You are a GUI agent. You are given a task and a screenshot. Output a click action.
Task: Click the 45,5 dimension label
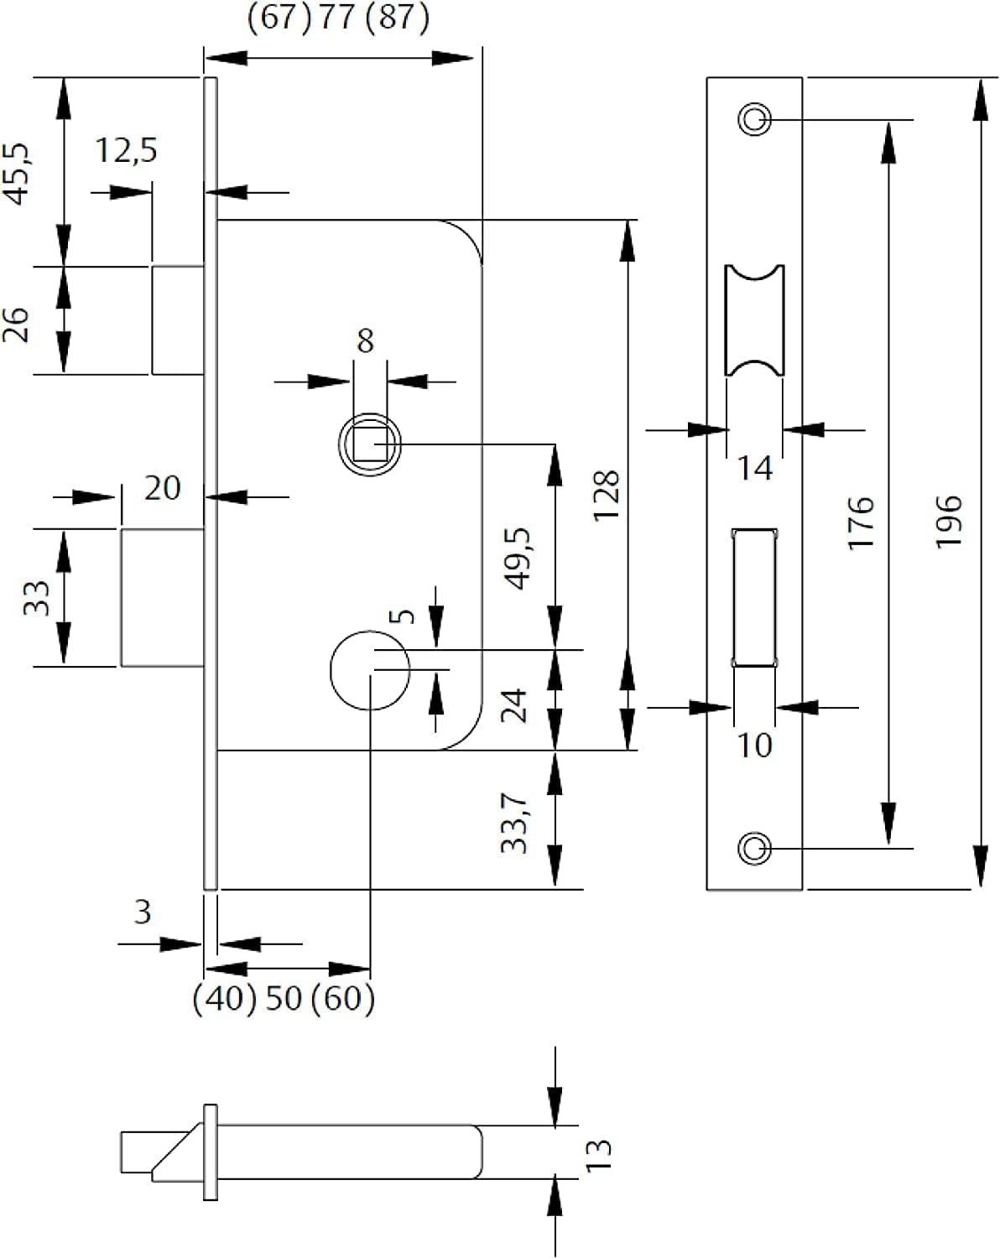coord(17,174)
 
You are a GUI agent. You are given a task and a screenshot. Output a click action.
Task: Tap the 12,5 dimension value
coord(127,150)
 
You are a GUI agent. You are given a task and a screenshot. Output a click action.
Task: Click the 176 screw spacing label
coord(861,522)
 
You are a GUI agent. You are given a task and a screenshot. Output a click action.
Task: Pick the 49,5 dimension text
coord(518,559)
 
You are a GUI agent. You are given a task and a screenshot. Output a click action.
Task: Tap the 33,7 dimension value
coord(514,823)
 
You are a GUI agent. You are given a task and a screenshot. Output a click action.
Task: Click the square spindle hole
coord(370,444)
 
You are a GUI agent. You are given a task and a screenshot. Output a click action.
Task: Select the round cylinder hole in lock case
coord(370,670)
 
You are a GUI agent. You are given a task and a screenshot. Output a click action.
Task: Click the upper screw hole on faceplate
coord(754,119)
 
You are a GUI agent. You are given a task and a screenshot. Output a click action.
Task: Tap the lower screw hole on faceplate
coord(754,848)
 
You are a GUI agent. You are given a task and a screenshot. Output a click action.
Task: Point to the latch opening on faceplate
coord(754,320)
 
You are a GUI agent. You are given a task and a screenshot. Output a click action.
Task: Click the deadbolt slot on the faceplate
coord(754,597)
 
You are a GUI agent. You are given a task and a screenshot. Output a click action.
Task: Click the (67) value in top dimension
coord(279,17)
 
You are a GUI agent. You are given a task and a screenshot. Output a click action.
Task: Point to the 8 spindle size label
coord(366,340)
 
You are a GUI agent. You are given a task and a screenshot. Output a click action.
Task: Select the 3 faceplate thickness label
coord(143,912)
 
